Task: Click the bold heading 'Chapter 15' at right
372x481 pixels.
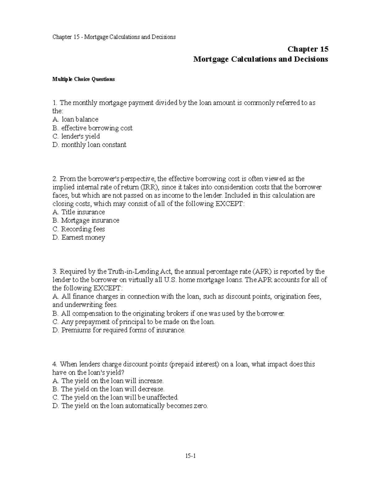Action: point(308,49)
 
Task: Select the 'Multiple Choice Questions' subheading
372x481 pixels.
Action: point(83,79)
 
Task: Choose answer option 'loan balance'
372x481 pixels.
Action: point(80,120)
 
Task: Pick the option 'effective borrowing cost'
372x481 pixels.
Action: point(96,128)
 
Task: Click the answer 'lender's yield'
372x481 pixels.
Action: point(80,136)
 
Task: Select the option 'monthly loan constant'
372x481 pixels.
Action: point(94,145)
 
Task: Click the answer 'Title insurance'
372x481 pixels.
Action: point(83,212)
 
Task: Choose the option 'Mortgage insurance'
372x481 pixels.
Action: point(90,221)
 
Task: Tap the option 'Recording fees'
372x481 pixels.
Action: point(83,229)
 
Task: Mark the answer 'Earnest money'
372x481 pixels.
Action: point(83,238)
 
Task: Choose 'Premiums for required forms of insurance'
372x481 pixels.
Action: point(123,330)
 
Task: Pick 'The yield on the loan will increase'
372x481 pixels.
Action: point(112,381)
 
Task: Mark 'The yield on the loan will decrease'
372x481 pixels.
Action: point(113,389)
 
